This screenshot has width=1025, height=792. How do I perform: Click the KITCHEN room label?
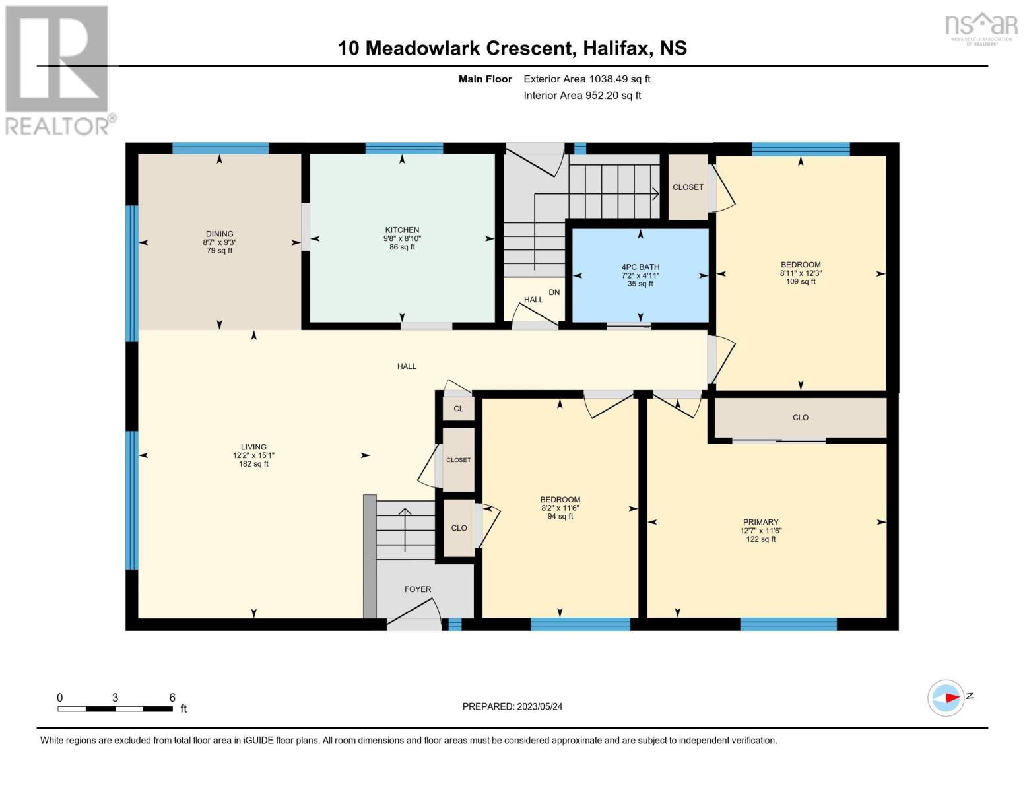point(402,230)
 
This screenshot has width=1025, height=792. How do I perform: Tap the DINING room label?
point(219,234)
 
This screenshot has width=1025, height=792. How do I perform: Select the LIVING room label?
point(253,447)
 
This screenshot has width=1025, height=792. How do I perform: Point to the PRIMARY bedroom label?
point(760,522)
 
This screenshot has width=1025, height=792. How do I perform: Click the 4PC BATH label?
point(640,267)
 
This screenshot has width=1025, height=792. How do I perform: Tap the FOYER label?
point(417,589)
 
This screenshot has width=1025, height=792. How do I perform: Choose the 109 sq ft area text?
point(801,282)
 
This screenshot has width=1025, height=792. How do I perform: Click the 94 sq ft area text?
point(560,517)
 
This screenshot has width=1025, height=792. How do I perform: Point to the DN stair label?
point(554,292)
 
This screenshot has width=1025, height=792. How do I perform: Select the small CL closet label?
point(459,409)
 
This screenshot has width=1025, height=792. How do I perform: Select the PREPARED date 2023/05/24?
point(540,706)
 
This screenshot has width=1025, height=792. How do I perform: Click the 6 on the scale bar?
point(172,697)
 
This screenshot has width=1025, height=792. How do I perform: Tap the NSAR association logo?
point(981,29)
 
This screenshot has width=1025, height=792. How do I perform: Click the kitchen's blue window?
point(404,148)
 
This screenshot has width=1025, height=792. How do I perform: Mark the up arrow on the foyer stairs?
point(405,529)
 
